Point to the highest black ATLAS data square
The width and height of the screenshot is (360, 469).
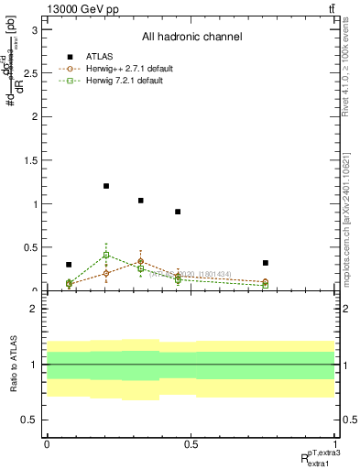tap(106, 186)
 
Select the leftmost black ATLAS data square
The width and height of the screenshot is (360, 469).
tap(69, 265)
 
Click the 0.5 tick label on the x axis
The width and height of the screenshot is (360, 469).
tap(191, 443)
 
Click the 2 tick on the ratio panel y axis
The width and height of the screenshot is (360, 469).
tap(38, 310)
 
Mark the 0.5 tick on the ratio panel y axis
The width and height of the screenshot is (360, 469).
tap(34, 420)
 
